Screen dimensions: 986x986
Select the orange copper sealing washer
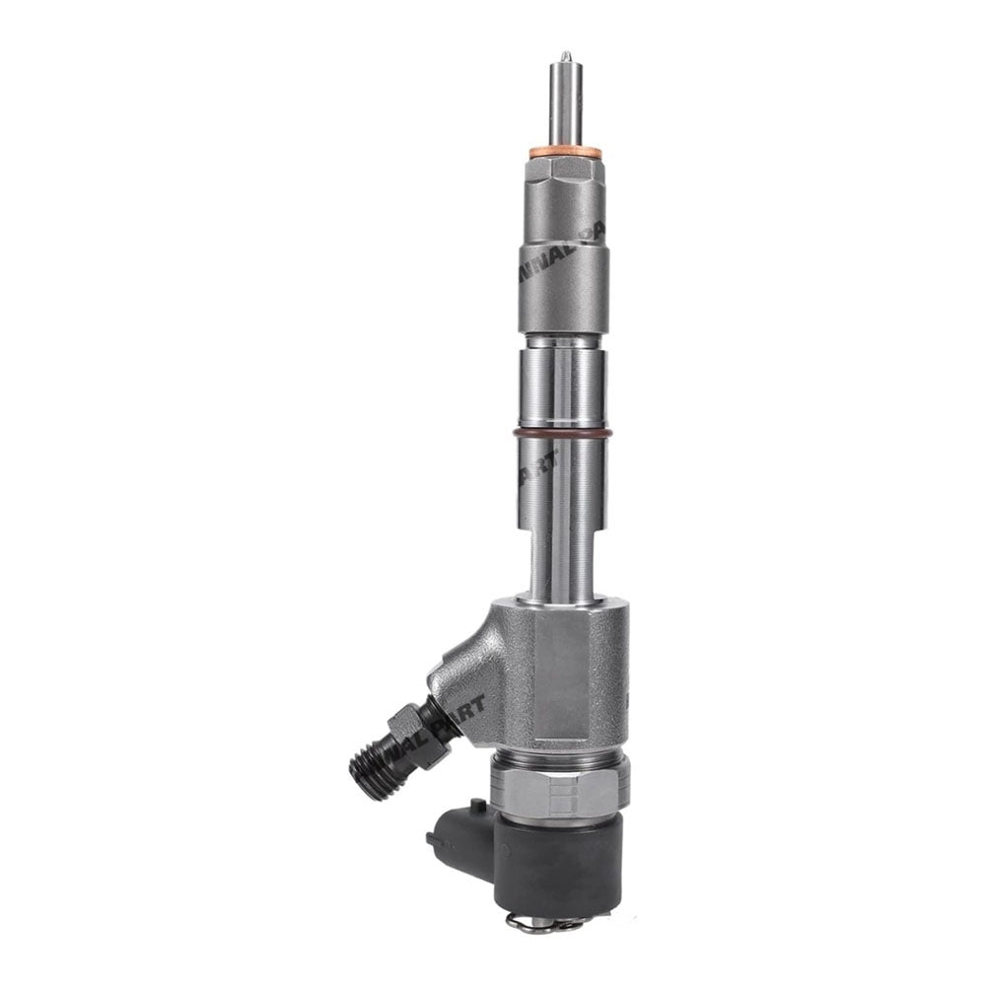click(565, 153)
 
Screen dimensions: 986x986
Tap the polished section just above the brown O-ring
click(563, 385)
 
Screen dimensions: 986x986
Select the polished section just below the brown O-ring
click(563, 483)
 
